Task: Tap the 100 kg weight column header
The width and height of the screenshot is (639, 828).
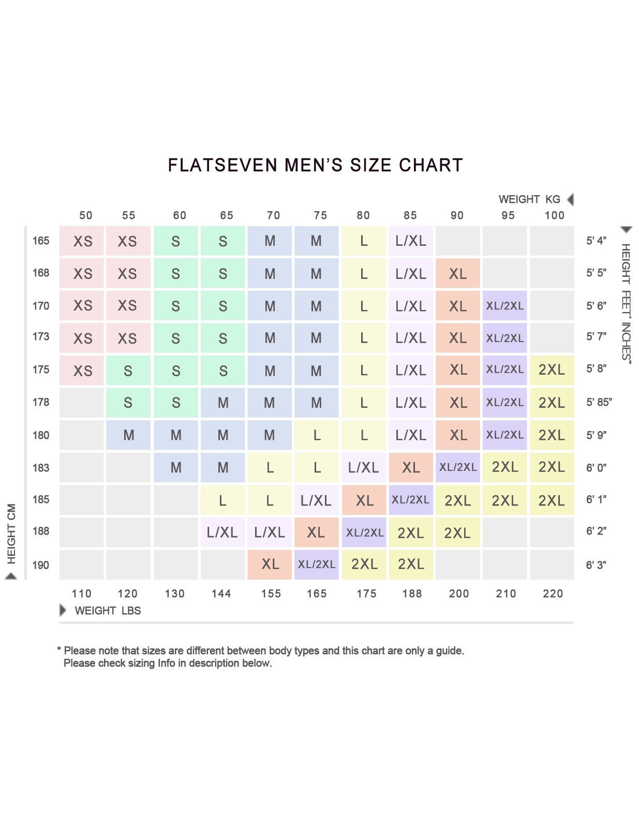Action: point(554,215)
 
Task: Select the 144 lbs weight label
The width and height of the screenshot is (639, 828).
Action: point(221,594)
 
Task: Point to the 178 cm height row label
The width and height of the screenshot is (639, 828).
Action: point(41,402)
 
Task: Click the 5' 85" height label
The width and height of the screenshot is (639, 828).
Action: point(599,402)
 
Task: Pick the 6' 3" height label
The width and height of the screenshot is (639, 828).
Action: point(596,565)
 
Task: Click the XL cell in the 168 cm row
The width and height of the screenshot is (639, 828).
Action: point(457,274)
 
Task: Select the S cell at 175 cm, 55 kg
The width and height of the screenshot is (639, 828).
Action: point(128,371)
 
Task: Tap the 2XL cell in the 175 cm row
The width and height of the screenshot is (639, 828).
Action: point(552,370)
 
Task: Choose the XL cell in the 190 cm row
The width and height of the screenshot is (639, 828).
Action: point(270,564)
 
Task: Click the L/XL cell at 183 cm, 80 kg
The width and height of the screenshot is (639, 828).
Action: point(363,467)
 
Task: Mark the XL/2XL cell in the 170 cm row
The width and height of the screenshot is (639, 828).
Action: point(504,306)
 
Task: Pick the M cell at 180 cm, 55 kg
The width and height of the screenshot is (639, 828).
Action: point(128,435)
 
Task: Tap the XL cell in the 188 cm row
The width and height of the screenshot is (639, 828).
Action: point(316,533)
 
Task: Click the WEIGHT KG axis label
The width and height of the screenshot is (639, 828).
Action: point(529,199)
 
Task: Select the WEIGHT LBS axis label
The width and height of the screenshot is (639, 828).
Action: point(108,611)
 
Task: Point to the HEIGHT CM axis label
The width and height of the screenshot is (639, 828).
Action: point(11,533)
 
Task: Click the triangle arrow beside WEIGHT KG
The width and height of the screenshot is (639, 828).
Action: point(570,199)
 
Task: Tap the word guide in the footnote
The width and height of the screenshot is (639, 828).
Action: point(449,650)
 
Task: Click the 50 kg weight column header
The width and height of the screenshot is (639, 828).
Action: point(86,215)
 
